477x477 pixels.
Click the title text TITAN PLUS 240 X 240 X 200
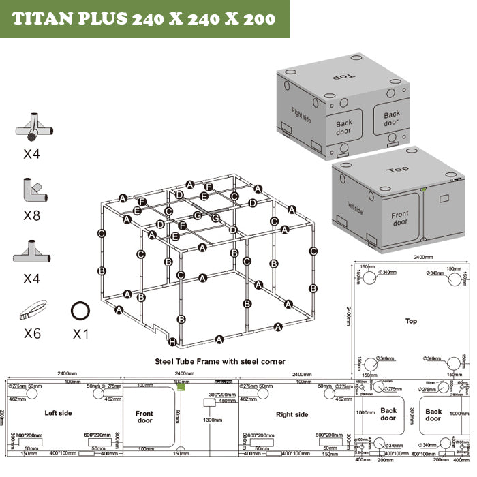[144, 18]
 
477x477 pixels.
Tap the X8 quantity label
[32, 217]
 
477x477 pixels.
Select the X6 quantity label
[32, 334]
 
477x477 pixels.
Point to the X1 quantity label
[80, 334]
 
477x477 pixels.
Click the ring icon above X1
[80, 311]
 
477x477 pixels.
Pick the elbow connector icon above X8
[31, 190]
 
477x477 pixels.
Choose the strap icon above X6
[31, 310]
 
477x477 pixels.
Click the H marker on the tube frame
[173, 341]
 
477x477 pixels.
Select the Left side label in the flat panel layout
[59, 413]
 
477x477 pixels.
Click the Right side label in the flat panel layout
[292, 414]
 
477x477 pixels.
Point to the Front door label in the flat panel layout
[144, 417]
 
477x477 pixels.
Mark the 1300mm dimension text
[213, 420]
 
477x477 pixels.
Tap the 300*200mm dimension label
[221, 395]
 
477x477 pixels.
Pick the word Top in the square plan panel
[411, 320]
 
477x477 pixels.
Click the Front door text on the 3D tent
[400, 219]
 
